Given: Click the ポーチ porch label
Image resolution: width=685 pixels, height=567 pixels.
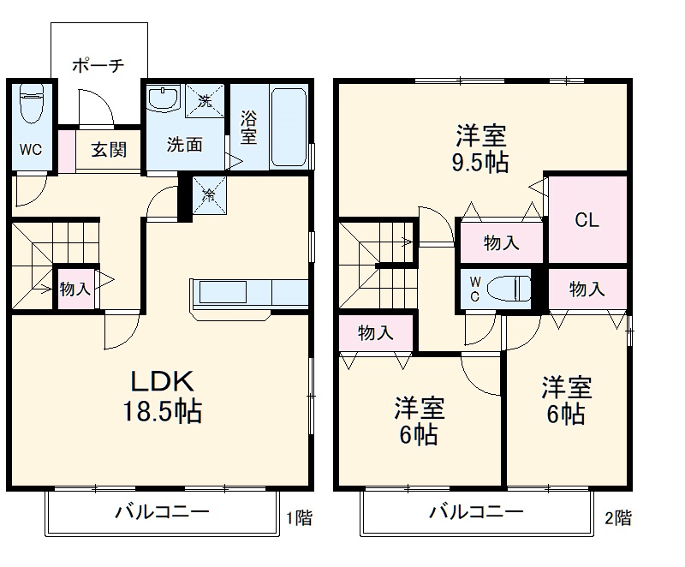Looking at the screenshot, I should [x=98, y=64].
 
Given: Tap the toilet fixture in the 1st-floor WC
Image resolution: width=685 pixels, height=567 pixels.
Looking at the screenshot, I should [x=32, y=107].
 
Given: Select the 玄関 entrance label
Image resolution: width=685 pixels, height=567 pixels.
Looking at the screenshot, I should [x=109, y=150].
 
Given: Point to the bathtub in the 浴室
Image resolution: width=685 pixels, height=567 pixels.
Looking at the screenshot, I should [x=287, y=127].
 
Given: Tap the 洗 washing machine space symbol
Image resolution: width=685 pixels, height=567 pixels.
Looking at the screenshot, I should [x=205, y=99].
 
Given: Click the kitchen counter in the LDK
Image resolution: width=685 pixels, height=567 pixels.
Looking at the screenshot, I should [x=249, y=293].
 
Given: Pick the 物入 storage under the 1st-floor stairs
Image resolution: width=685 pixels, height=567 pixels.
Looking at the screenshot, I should [x=75, y=289].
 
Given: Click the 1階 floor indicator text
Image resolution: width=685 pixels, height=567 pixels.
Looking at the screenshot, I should [x=300, y=517].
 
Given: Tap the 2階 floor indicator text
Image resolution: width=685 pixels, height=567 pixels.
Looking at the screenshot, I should [x=618, y=517].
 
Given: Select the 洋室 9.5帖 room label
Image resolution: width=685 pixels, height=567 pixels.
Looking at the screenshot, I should [x=480, y=148].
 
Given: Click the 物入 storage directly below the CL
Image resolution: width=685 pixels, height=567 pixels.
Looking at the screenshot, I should [x=587, y=289].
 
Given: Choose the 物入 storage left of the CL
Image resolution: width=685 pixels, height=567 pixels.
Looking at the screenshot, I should [x=501, y=242].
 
